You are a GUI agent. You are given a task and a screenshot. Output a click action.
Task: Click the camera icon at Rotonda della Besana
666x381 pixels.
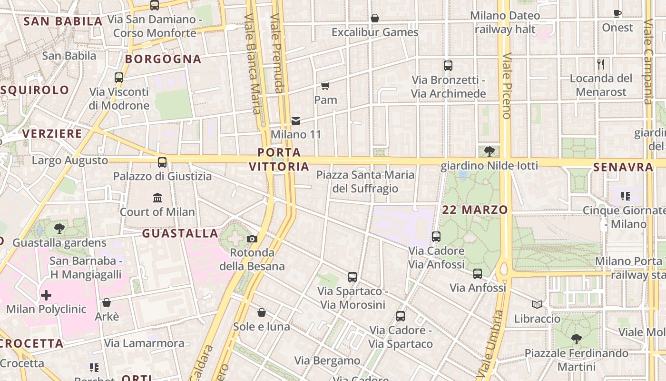252,239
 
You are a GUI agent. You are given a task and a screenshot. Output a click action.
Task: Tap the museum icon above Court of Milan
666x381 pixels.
157,198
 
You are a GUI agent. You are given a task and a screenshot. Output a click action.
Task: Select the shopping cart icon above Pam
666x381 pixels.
325,86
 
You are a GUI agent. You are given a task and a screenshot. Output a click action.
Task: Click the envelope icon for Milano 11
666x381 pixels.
296,121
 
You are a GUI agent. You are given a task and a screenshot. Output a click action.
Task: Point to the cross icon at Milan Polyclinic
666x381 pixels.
46,295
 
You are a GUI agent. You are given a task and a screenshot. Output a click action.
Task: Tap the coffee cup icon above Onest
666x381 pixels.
617,13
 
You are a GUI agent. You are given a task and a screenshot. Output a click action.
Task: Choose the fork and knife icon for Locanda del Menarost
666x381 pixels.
601,64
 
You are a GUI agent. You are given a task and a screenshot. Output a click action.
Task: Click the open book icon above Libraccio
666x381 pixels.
537,304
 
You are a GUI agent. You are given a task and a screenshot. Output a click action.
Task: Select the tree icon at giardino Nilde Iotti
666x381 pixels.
489,151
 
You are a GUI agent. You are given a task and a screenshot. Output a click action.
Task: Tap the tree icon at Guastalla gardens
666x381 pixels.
59,229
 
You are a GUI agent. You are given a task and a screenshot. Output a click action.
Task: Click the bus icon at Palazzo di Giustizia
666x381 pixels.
162,162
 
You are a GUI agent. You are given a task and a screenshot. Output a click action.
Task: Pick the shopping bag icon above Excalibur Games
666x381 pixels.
375,18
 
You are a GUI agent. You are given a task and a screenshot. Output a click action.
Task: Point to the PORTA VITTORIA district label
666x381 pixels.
279,160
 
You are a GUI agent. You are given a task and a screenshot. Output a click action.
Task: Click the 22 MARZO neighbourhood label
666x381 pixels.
475,210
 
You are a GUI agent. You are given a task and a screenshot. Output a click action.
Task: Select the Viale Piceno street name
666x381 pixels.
506,86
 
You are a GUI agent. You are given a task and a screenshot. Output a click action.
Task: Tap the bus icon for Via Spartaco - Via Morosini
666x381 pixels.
353,277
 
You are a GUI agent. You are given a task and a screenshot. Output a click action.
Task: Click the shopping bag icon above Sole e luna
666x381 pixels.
262,312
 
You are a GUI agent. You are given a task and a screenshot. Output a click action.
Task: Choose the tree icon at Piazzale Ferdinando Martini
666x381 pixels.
576,339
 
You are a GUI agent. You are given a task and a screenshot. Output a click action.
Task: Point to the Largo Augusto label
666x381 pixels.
70,160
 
